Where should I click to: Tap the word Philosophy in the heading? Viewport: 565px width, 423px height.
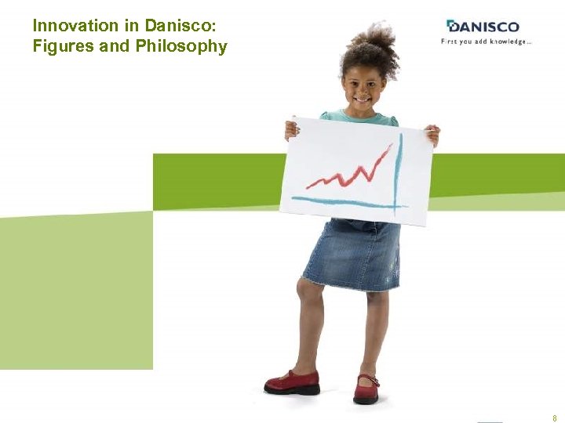(x=181, y=46)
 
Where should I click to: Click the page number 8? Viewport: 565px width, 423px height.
(x=555, y=418)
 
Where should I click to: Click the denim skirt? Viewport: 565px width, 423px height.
(x=353, y=255)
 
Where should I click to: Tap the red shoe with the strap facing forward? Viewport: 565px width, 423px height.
(x=366, y=389)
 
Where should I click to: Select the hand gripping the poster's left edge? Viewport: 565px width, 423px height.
(x=292, y=128)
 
